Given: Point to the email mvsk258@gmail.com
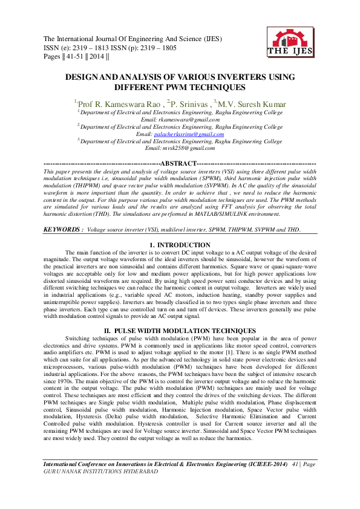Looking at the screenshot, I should pyautogui.click(x=180, y=148).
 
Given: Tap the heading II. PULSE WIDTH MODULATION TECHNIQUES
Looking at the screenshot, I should pyautogui.click(x=180, y=331).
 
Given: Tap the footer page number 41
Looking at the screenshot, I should pyautogui.click(x=296, y=463).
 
